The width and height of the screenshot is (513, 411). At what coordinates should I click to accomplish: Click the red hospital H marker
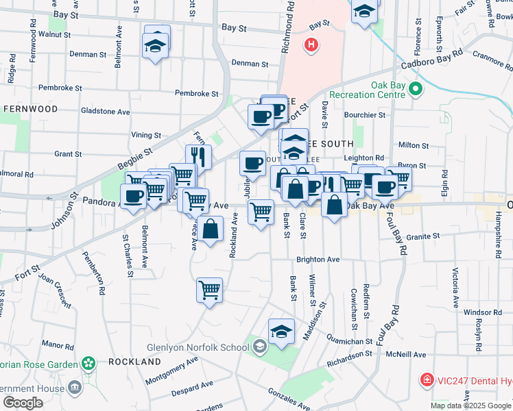click(x=311, y=46)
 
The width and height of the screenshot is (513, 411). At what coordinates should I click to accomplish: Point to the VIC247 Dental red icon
click(x=427, y=379)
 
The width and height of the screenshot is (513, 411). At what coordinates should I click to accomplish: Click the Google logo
click(x=23, y=403)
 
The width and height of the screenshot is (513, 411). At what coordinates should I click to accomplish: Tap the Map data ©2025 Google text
click(x=470, y=406)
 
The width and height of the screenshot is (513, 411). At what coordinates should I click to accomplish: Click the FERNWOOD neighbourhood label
click(x=30, y=109)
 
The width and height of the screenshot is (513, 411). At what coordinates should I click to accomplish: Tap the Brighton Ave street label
click(x=318, y=260)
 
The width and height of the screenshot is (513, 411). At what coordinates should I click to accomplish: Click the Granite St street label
click(x=422, y=236)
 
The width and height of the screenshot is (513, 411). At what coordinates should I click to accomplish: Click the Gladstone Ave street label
click(x=105, y=111)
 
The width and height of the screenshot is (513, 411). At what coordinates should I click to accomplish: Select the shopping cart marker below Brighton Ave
click(x=209, y=289)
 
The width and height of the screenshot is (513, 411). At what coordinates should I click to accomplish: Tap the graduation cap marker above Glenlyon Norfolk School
click(x=281, y=331)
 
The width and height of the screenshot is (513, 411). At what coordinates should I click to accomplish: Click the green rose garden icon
click(x=87, y=362)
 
